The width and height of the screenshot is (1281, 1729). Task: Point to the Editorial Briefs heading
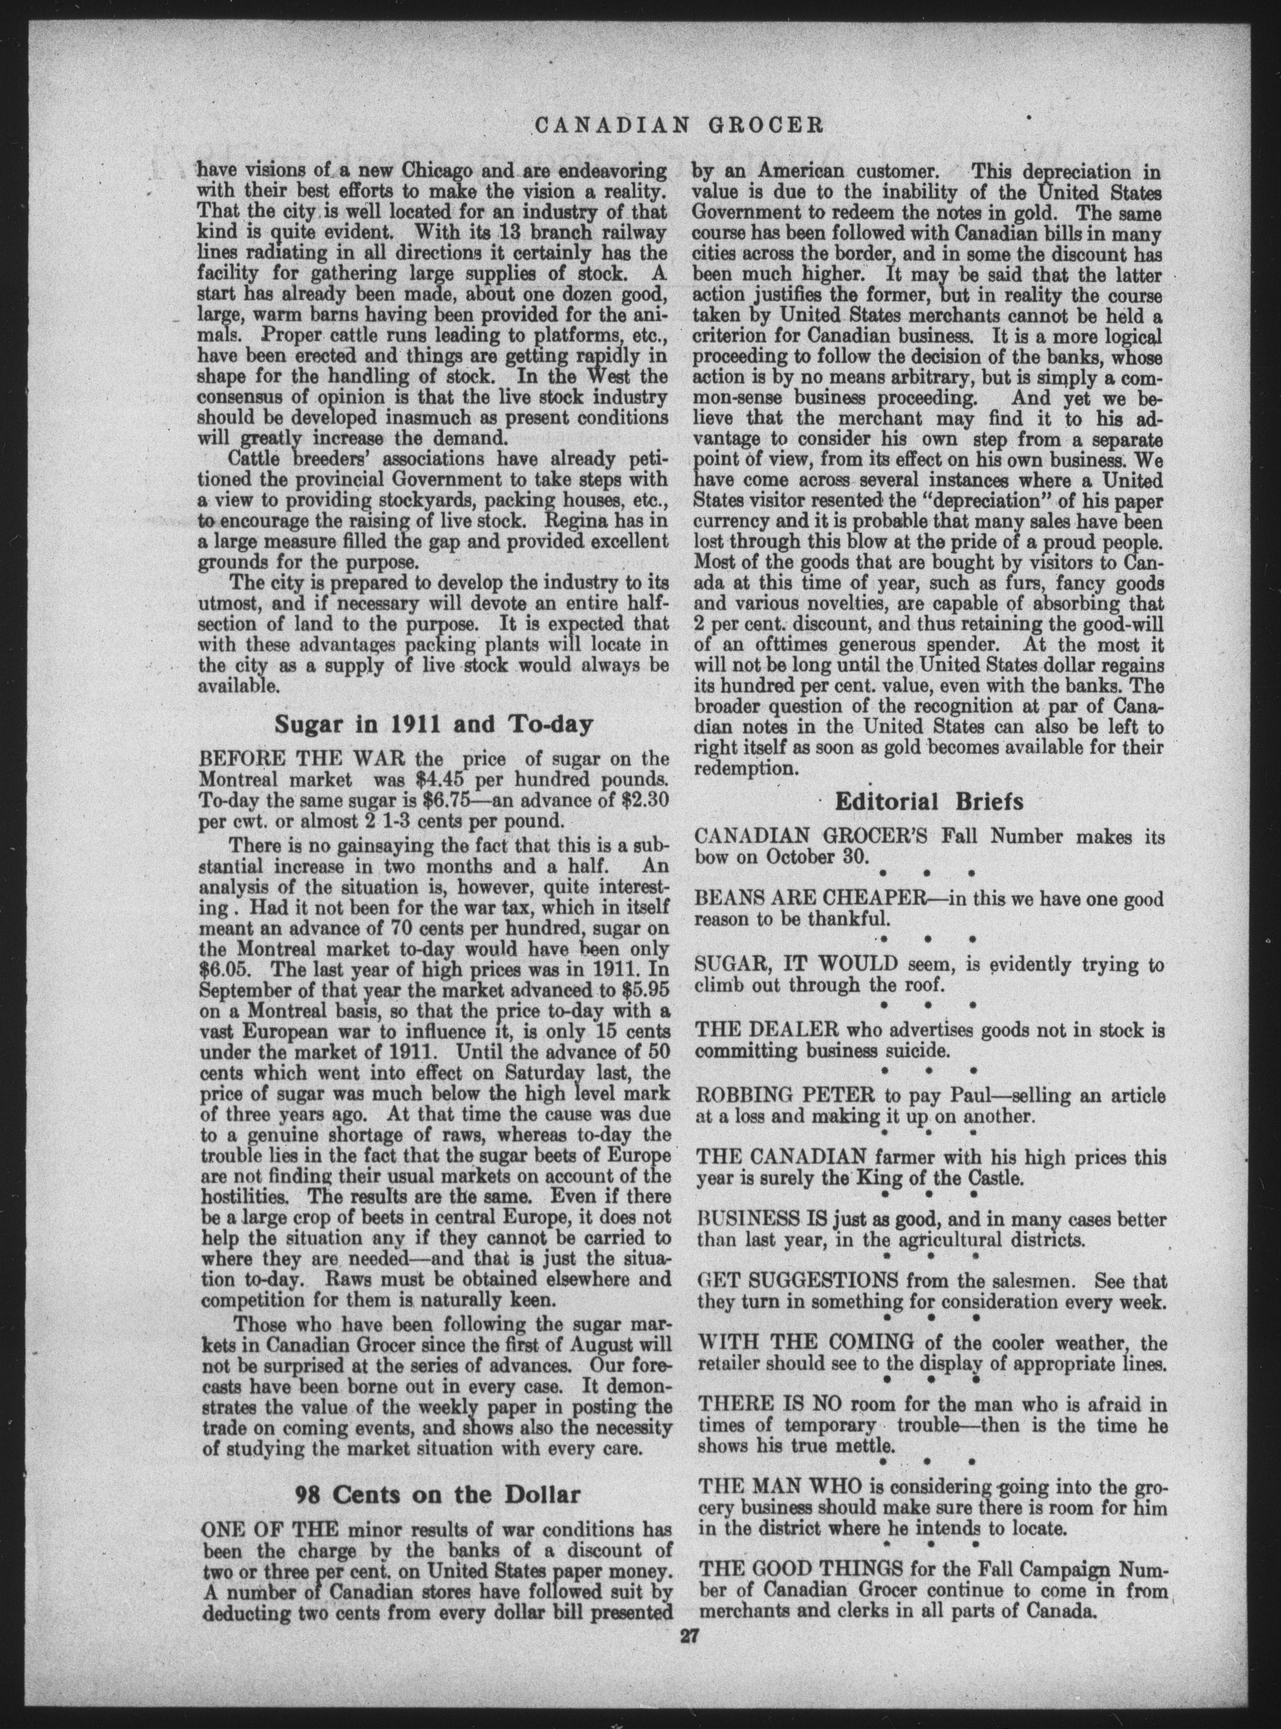click(x=928, y=801)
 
